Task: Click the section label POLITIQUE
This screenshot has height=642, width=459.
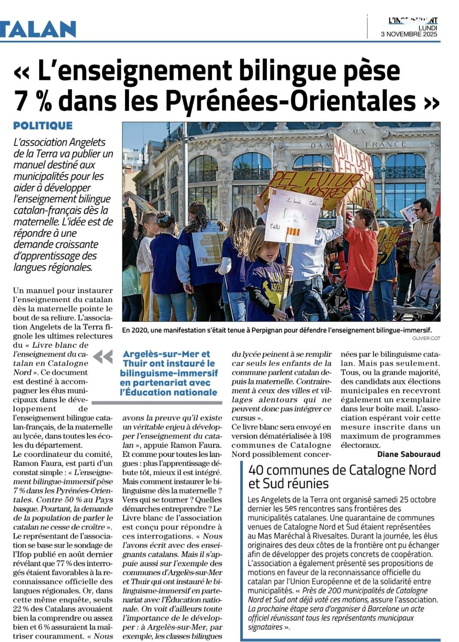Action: pyautogui.click(x=43, y=126)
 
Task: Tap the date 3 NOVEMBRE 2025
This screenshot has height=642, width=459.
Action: pyautogui.click(x=409, y=34)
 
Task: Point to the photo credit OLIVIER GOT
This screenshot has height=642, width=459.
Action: pyautogui.click(x=425, y=338)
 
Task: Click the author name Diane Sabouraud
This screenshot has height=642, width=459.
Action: pyautogui.click(x=409, y=454)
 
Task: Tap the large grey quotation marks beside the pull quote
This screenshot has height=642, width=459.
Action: pyautogui.click(x=103, y=357)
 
